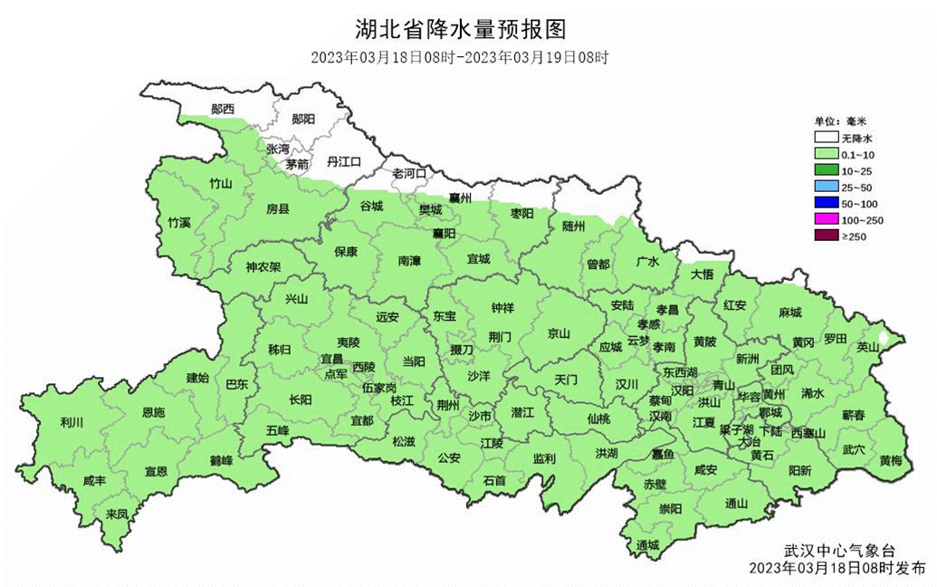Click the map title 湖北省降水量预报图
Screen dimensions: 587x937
(x=460, y=30)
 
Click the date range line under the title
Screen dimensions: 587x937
(x=460, y=57)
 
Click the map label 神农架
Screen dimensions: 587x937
(x=263, y=267)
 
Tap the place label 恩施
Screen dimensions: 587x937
(x=154, y=412)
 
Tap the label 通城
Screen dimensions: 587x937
(x=647, y=544)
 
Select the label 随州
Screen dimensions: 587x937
(x=574, y=225)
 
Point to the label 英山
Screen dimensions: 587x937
(x=868, y=346)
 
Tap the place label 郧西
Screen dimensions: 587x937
(x=223, y=109)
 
